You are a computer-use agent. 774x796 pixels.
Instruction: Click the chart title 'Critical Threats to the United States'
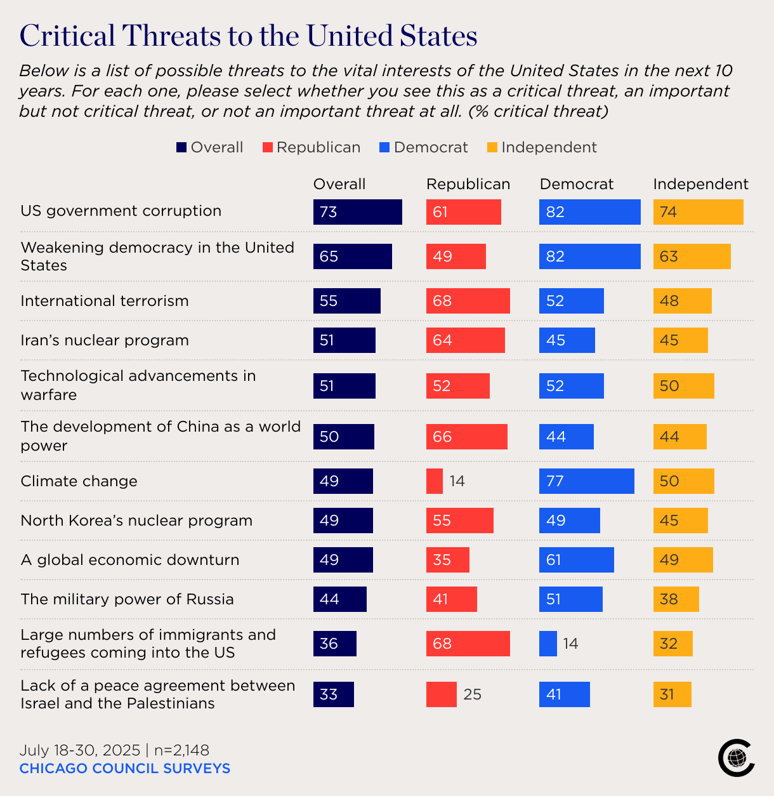(248, 36)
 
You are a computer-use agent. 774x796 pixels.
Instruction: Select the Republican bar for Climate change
(435, 481)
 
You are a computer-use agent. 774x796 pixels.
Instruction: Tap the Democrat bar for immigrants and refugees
(548, 644)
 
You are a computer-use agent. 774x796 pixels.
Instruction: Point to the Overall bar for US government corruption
(357, 212)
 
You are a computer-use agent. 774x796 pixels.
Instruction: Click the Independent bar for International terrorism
(682, 301)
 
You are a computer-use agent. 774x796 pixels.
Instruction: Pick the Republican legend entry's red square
(268, 148)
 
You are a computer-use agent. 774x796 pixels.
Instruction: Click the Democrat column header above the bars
(577, 184)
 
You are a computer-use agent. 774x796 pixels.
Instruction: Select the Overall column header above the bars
(339, 184)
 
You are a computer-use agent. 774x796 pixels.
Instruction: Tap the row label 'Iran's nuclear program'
(105, 340)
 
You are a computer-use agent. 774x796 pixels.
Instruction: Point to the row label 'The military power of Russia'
(127, 599)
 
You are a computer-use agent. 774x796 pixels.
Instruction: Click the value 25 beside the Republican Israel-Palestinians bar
(472, 694)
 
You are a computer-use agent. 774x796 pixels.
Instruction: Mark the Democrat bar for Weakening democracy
(589, 256)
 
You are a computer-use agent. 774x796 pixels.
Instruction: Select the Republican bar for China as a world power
(466, 437)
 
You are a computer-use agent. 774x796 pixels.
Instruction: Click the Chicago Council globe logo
(736, 757)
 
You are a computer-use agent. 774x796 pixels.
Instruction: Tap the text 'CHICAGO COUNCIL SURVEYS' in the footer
(125, 769)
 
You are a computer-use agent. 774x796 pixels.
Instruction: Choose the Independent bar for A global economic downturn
(683, 560)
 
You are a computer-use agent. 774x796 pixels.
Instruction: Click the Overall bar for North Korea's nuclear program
(343, 521)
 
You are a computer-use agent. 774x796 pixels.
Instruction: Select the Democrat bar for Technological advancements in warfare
(571, 386)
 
